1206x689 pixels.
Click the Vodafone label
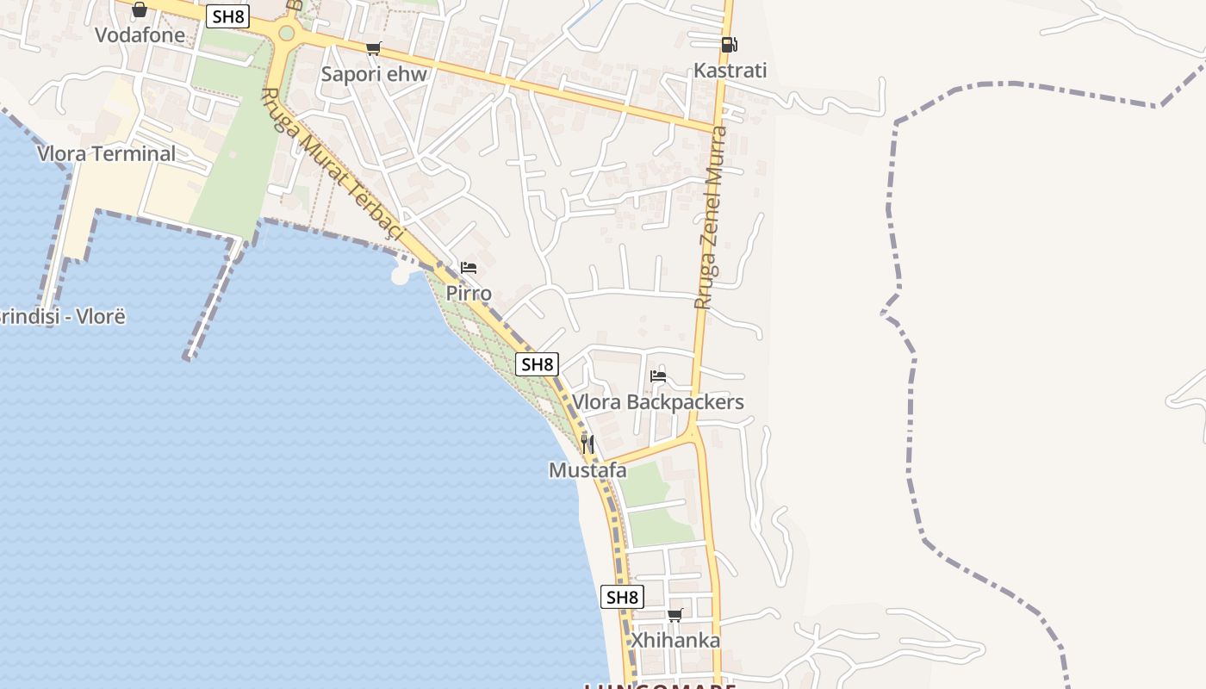[x=140, y=35]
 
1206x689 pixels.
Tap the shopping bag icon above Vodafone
[x=140, y=10]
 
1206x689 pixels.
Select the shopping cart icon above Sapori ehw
[x=373, y=49]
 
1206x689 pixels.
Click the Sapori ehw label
[x=374, y=74]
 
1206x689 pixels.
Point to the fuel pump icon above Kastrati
[x=729, y=45]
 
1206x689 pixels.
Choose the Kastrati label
[x=730, y=71]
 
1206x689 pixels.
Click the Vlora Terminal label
[x=106, y=154]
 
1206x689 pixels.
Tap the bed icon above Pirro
[x=469, y=268]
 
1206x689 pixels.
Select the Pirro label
[x=469, y=294]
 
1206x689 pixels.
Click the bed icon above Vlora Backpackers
[x=658, y=376]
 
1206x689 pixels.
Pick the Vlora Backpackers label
[x=658, y=402]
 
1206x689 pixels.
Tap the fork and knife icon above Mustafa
[x=587, y=444]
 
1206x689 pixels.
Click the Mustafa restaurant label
[x=587, y=471]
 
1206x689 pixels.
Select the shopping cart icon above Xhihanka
[x=675, y=615]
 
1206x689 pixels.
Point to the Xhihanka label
[x=675, y=641]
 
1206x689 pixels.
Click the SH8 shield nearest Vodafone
[x=227, y=16]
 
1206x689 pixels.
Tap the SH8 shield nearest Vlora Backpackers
[x=537, y=364]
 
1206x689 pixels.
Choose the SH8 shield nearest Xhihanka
[x=622, y=597]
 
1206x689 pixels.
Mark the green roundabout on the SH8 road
[x=287, y=34]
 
